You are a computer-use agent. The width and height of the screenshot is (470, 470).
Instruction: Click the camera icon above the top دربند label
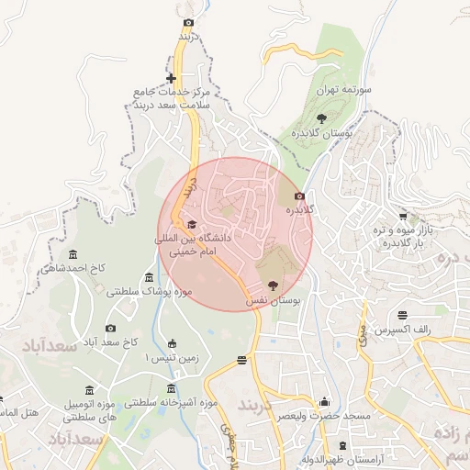point(189,22)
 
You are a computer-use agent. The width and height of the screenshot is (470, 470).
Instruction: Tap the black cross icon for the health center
point(171,78)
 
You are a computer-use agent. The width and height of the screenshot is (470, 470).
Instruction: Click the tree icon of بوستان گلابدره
point(320,118)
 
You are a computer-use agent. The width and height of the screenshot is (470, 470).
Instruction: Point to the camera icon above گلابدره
point(298,196)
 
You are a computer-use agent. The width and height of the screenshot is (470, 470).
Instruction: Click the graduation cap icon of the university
point(192,225)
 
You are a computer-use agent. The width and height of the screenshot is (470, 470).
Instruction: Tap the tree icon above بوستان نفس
point(271,286)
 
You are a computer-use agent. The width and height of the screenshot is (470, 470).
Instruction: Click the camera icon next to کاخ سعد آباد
point(111,329)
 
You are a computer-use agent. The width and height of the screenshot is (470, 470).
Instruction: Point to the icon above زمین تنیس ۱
point(172,344)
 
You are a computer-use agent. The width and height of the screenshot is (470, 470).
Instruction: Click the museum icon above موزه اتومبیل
point(89,390)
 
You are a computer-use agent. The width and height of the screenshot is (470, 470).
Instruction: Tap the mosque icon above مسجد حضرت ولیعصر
point(323,401)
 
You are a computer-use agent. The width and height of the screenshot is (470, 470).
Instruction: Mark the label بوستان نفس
point(274,300)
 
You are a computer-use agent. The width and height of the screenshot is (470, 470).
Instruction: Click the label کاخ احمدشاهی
point(74,269)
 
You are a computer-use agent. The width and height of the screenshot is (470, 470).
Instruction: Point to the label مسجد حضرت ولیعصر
point(326,416)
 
